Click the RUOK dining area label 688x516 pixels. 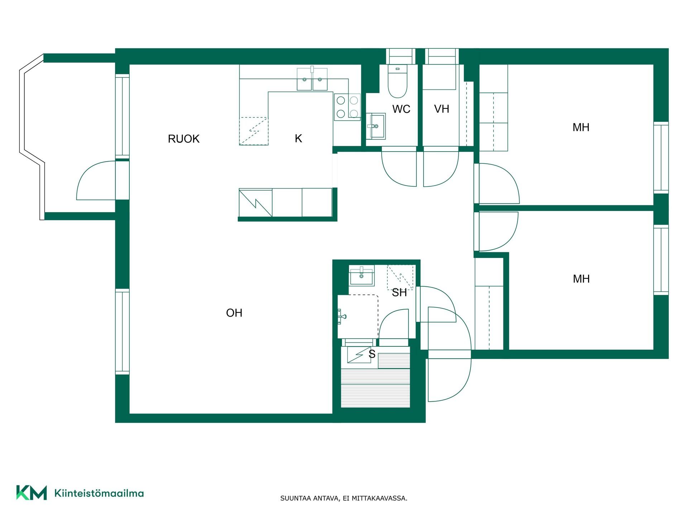[183, 139]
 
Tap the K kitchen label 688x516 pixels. [298, 138]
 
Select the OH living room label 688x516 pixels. [234, 313]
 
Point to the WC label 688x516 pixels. [401, 109]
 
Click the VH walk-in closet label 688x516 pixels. [441, 109]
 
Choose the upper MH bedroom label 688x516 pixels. [581, 127]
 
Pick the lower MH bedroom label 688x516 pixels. [581, 279]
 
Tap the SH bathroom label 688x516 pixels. [399, 293]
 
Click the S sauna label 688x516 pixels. [372, 354]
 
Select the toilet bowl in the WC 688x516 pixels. [397, 81]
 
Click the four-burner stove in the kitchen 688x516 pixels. [347, 107]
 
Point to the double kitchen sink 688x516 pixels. [312, 79]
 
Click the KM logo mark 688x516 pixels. [32, 493]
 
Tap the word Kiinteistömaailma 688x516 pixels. [99, 493]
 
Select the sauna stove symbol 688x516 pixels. [359, 355]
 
